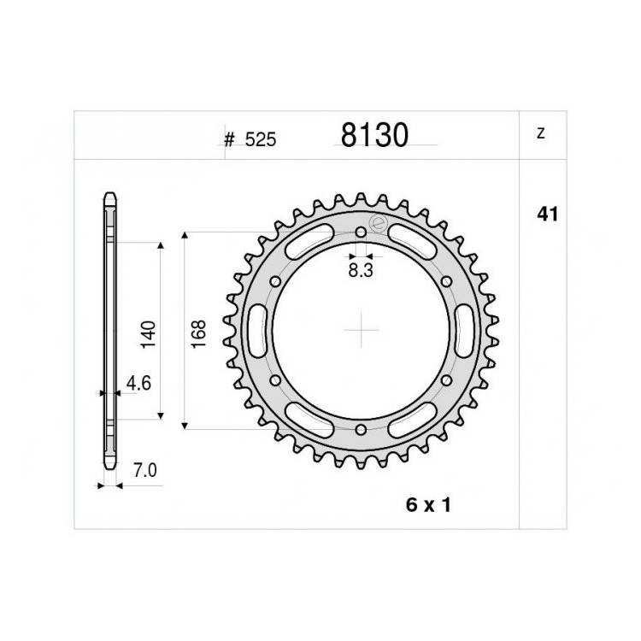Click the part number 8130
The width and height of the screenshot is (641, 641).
point(374,135)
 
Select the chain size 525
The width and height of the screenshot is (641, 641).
point(261,139)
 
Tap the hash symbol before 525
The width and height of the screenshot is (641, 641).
point(229,140)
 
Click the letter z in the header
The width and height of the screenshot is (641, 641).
point(541,133)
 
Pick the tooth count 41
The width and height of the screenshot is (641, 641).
point(547,215)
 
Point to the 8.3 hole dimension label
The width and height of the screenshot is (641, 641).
point(361,270)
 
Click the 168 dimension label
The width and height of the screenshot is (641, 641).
point(198,334)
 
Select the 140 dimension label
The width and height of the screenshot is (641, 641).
point(148,335)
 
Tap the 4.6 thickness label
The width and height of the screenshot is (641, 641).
point(138,384)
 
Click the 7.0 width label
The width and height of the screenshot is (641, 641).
point(145,471)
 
